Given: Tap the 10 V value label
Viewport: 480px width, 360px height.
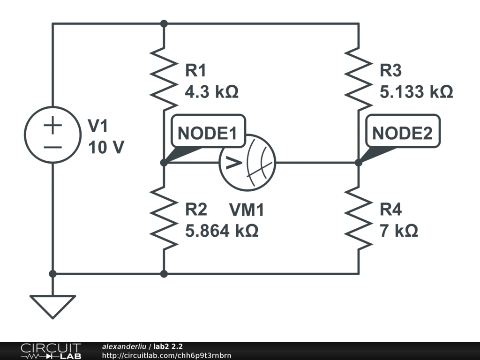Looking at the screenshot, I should coord(106,147).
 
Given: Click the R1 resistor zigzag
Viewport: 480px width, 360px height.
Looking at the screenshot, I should coord(164,77).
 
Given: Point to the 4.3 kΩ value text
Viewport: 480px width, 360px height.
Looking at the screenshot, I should coord(212,92).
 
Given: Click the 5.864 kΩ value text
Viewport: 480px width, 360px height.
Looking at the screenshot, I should coord(222,231).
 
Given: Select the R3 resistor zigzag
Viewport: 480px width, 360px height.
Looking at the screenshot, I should coord(359,77).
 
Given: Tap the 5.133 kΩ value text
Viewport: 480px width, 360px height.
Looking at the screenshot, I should coord(416,92).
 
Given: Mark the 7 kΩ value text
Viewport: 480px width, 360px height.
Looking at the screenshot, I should coord(399,231).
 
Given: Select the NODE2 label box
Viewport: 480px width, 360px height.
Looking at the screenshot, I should coord(403,134).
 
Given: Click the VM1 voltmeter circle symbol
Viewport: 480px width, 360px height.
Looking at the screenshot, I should coord(247,163).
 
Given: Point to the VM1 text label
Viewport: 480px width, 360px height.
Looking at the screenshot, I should coord(247,210).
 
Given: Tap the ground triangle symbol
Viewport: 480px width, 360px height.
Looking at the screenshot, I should coord(52,305).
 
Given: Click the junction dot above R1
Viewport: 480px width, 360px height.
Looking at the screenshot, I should coord(164,23).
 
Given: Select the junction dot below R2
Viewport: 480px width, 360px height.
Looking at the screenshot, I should coord(164,274).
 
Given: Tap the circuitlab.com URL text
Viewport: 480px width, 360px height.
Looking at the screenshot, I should coord(166,355).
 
